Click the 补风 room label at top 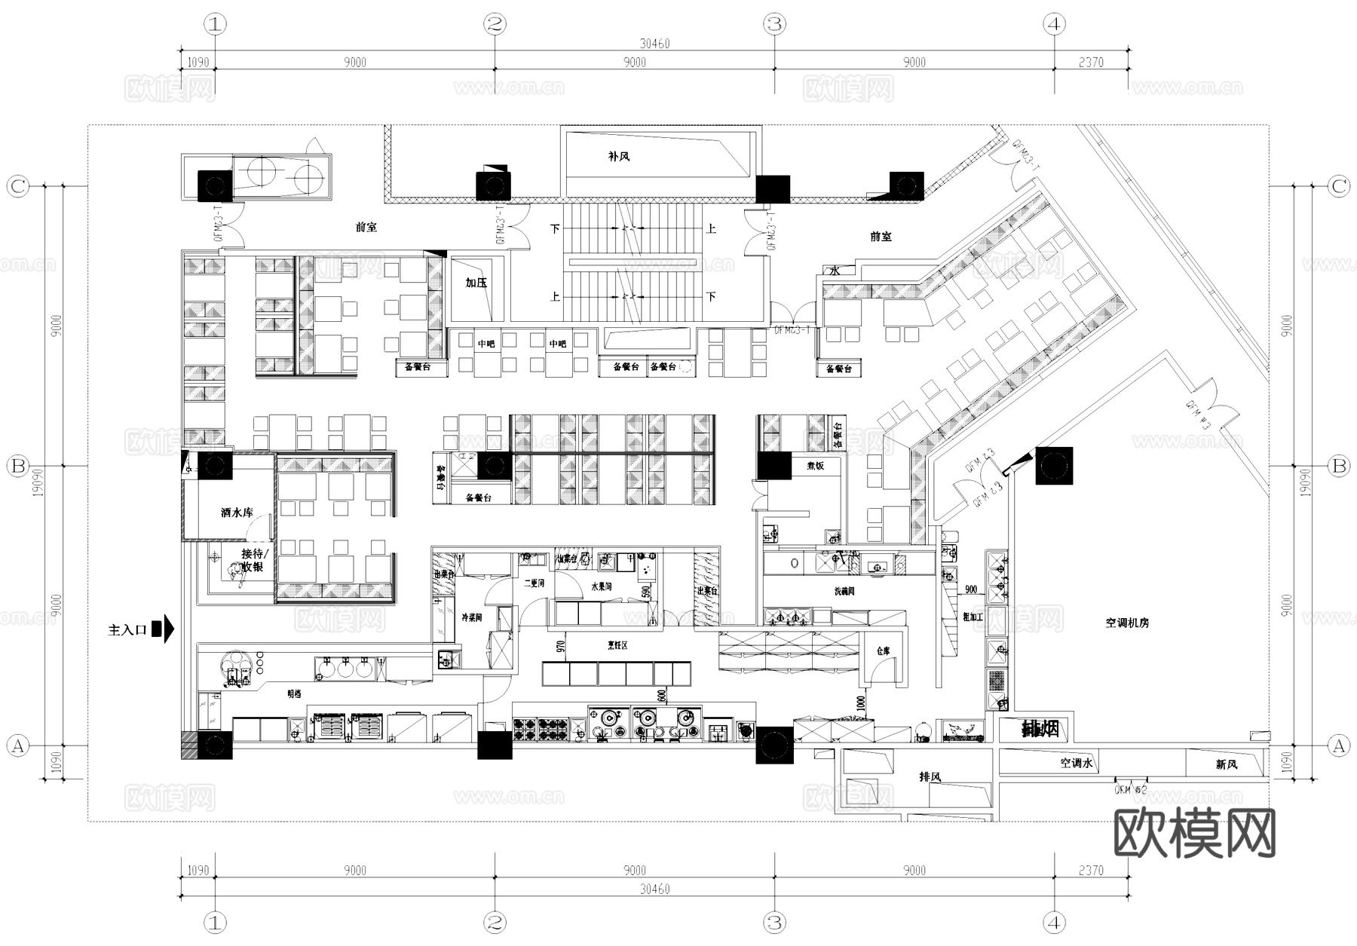[x=618, y=157]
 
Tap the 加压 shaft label [x=476, y=283]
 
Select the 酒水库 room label [x=237, y=513]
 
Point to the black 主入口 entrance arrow [x=164, y=629]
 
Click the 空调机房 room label [x=1127, y=623]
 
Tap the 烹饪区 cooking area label [x=618, y=645]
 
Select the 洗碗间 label [x=844, y=592]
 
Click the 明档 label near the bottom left [x=294, y=693]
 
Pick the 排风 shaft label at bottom [x=930, y=776]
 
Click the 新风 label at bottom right [x=1226, y=764]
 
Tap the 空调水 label [x=1076, y=763]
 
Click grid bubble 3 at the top [x=775, y=24]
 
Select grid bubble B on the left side [x=17, y=466]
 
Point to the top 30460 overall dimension [x=654, y=44]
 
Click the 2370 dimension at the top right [x=1090, y=63]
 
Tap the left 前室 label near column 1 [x=366, y=227]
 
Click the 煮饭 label [x=815, y=466]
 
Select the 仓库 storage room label [x=884, y=651]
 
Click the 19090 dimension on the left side [x=38, y=482]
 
